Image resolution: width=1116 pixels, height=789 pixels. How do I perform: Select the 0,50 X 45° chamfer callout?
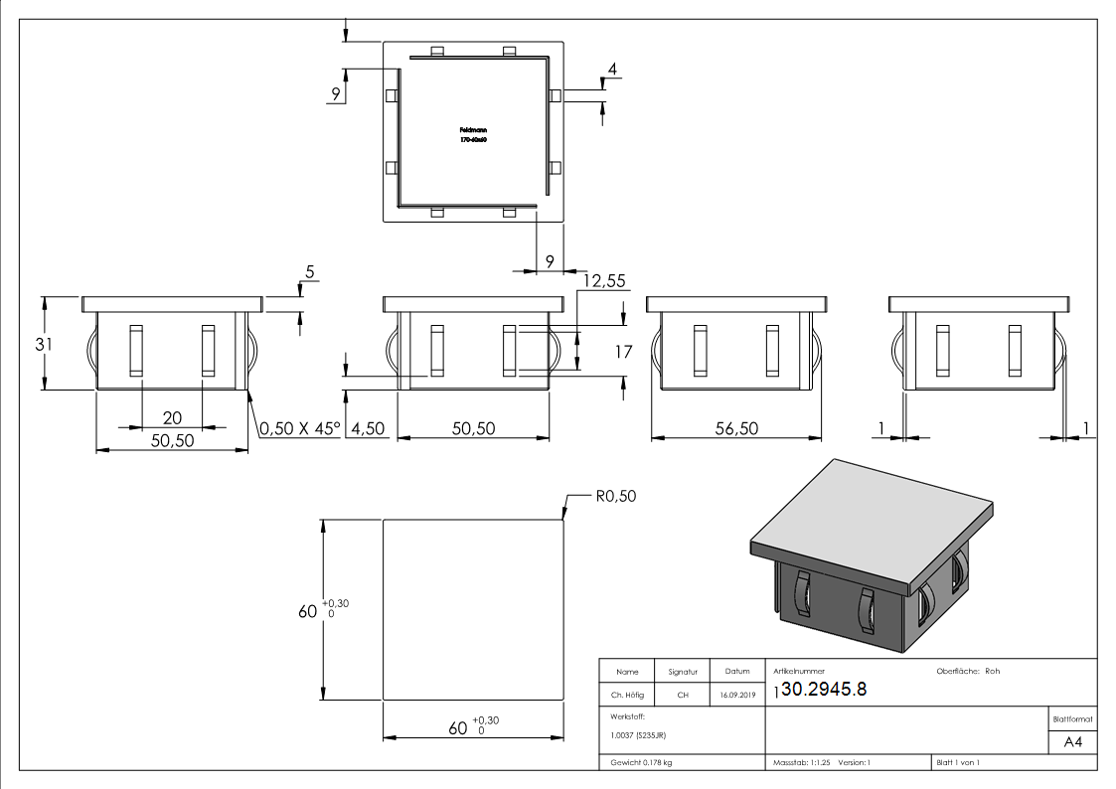click(299, 428)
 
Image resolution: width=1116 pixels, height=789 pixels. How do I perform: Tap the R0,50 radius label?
click(615, 497)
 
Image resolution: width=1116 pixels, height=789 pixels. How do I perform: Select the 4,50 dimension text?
click(365, 428)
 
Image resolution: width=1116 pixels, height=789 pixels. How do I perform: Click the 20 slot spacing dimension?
click(172, 418)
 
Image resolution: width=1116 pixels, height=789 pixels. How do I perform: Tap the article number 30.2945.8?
click(824, 691)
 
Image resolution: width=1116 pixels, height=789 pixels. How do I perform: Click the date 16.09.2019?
click(736, 696)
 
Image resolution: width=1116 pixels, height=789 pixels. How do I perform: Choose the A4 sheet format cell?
click(1072, 741)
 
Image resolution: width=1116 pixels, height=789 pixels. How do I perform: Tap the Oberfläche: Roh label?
click(968, 671)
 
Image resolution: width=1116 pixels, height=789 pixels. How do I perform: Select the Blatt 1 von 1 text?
click(957, 763)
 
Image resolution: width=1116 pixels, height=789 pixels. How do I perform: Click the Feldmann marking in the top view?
click(473, 130)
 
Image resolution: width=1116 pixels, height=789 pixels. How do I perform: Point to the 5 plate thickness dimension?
click(309, 271)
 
